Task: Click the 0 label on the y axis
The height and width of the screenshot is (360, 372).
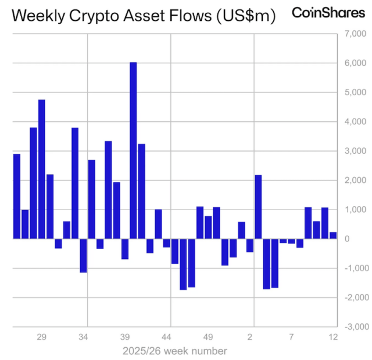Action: click(x=346, y=239)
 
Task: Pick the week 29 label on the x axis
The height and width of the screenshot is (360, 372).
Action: click(x=41, y=336)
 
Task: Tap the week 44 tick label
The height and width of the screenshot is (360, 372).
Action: click(x=166, y=336)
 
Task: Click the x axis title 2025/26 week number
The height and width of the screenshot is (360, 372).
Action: click(x=174, y=351)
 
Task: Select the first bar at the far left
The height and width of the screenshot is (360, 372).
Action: click(x=17, y=196)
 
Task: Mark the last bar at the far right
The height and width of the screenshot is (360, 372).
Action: click(x=333, y=235)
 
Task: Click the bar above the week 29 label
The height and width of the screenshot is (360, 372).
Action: click(x=42, y=169)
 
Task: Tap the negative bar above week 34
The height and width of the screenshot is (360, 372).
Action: click(x=83, y=255)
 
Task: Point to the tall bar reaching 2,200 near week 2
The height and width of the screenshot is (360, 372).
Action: click(x=258, y=207)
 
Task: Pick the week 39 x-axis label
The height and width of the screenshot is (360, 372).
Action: click(x=124, y=336)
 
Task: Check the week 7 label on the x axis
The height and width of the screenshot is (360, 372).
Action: click(x=292, y=336)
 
